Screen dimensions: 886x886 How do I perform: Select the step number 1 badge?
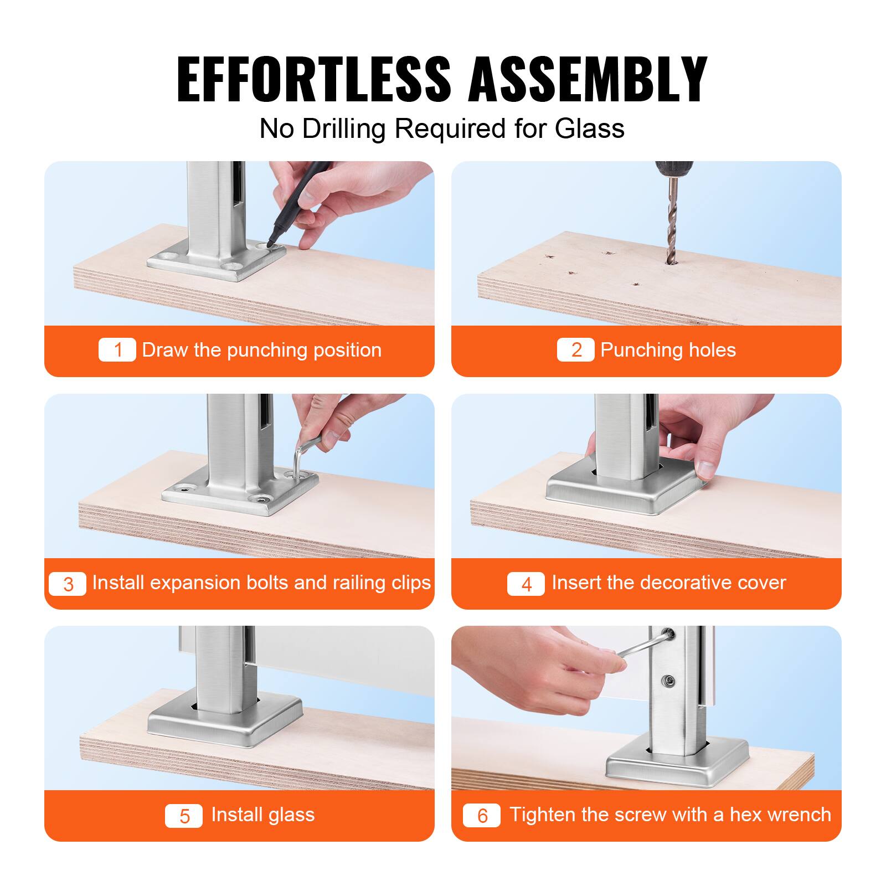[x=117, y=350]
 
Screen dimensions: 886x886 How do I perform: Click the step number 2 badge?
[x=576, y=350]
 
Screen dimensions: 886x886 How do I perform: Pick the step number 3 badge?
[x=68, y=584]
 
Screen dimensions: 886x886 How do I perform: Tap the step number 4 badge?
[x=526, y=584]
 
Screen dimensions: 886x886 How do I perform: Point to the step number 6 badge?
[x=482, y=816]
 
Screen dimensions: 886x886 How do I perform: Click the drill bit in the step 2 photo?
[x=671, y=221]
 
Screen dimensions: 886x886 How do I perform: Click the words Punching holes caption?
[x=668, y=350]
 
